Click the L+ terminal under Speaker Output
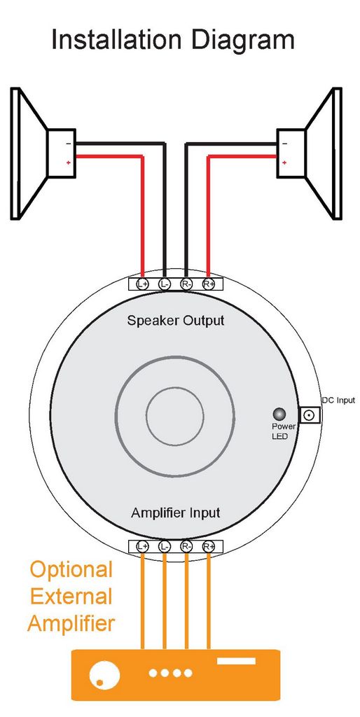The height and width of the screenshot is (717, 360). (x=143, y=284)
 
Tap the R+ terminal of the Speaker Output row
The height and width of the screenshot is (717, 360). (x=209, y=284)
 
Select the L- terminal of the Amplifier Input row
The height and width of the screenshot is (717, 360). (x=165, y=546)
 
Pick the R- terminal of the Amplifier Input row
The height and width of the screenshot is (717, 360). (x=186, y=546)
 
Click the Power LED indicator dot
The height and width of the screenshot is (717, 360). (x=279, y=415)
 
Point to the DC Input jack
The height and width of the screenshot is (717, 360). (x=310, y=415)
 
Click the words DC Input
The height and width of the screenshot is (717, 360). (x=338, y=401)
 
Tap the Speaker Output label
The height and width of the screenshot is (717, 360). (x=176, y=321)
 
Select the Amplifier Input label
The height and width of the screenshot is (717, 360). (x=176, y=513)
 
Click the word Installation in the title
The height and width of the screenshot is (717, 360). (x=117, y=39)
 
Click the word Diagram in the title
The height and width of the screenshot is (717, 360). (x=242, y=40)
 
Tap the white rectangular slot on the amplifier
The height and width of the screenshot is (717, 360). (x=236, y=661)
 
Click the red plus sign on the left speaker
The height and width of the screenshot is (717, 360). (x=68, y=162)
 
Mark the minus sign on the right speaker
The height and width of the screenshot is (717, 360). (x=284, y=144)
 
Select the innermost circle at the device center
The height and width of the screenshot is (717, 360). (x=175, y=415)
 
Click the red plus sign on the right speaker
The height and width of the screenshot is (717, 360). (x=284, y=162)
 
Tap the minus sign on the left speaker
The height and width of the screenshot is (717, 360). (x=68, y=144)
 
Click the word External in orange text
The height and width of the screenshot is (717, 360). (x=71, y=597)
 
